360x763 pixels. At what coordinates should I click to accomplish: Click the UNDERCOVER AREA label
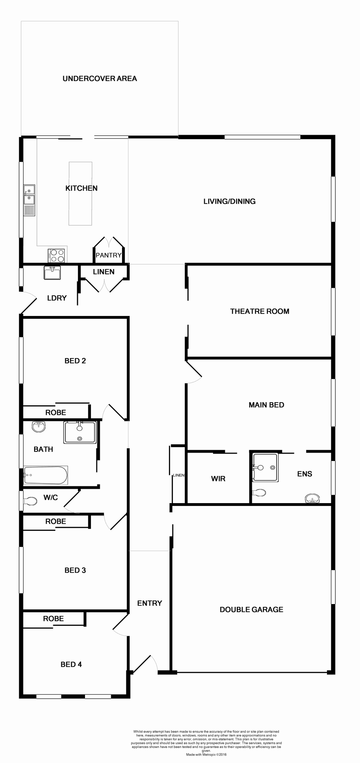100,79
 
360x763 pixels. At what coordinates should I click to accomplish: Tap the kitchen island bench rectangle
81,194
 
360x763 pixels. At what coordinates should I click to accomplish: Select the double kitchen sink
29,195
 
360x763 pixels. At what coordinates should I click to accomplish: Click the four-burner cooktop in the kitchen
56,255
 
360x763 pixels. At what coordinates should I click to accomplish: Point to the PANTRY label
108,256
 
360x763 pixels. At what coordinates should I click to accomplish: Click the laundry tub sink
52,273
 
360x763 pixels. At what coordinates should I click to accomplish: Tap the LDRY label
57,298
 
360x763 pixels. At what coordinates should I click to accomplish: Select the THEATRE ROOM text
259,312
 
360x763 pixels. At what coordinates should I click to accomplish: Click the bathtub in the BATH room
45,475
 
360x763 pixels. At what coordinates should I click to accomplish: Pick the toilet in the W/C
30,501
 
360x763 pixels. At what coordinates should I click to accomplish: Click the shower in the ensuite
265,467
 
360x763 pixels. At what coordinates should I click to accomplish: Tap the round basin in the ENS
312,498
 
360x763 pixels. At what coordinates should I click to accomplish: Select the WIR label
218,479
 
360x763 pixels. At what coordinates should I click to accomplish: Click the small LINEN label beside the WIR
179,475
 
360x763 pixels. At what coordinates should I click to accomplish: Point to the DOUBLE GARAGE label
252,610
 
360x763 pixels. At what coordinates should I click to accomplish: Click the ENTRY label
149,603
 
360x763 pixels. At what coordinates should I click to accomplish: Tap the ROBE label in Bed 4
53,619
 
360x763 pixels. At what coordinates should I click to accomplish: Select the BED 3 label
75,571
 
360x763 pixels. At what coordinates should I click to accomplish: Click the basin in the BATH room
39,426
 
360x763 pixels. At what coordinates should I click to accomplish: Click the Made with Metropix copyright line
206,754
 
